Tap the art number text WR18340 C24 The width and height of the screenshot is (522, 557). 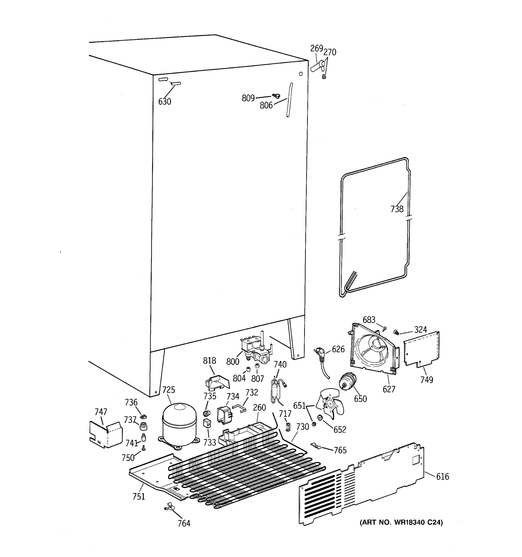[401, 522]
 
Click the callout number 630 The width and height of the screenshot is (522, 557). [164, 101]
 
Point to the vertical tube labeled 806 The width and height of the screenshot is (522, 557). [289, 100]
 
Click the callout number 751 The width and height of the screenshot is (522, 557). [139, 496]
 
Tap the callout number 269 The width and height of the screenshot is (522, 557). [316, 49]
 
